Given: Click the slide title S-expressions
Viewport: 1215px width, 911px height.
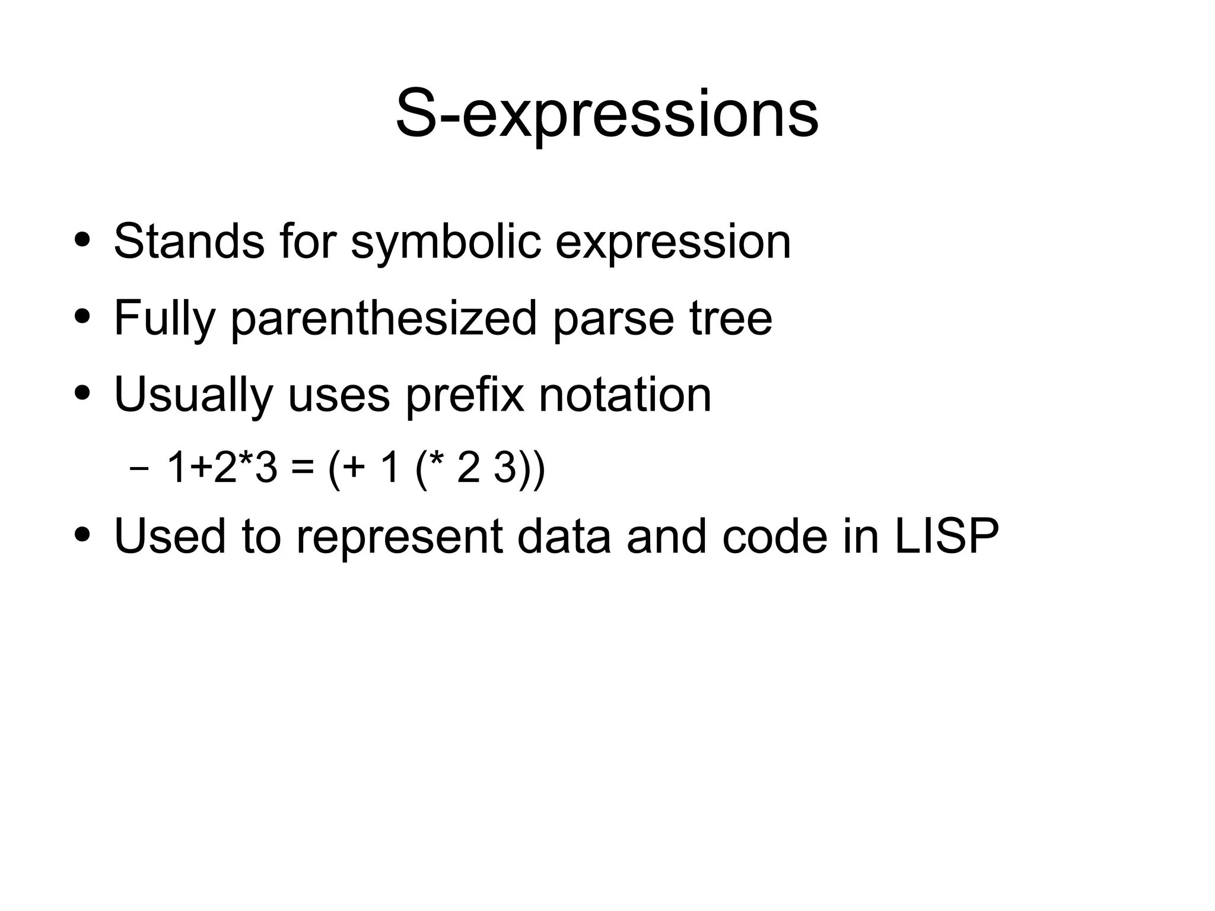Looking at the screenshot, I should click(607, 115).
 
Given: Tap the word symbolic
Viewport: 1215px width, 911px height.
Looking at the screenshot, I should click(446, 242).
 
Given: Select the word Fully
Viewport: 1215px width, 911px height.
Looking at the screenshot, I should click(164, 319).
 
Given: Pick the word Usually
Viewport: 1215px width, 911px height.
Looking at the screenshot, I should click(193, 395).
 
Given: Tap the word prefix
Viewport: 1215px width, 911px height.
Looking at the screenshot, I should click(465, 395).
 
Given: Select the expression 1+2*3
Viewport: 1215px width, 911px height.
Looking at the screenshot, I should click(222, 467).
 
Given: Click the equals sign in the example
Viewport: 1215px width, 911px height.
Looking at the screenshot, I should click(303, 468).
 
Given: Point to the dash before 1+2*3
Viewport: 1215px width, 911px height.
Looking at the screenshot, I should click(139, 468).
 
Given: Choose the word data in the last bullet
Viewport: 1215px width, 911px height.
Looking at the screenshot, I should click(564, 536).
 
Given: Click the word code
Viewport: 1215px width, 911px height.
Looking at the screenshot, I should click(775, 536).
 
